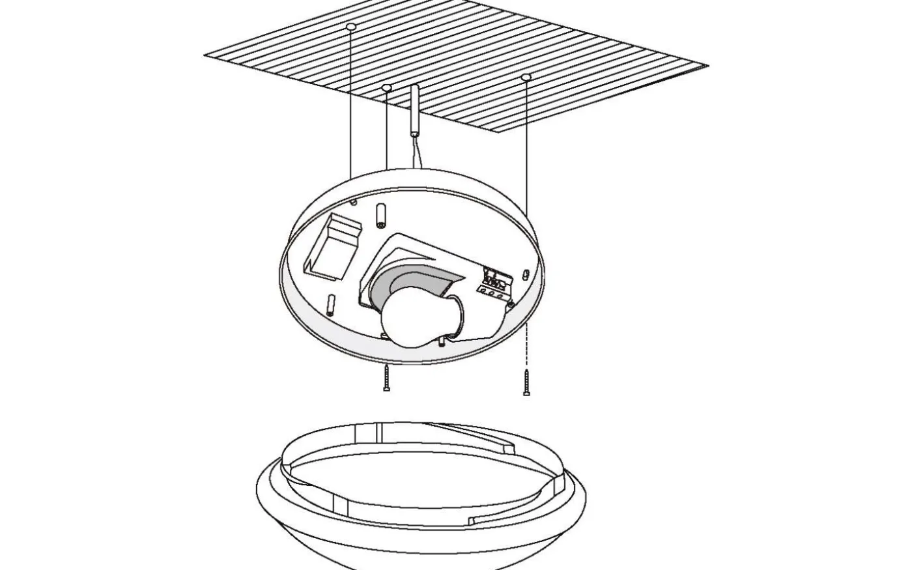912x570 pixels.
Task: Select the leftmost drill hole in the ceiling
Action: click(x=351, y=27)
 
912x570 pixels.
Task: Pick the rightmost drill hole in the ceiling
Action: click(x=526, y=78)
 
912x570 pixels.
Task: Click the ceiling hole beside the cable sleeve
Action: click(x=386, y=87)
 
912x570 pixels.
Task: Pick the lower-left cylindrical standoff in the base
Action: click(x=332, y=302)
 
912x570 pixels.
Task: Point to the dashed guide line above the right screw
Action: click(x=526, y=349)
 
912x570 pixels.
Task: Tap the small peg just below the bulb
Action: click(x=442, y=341)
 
